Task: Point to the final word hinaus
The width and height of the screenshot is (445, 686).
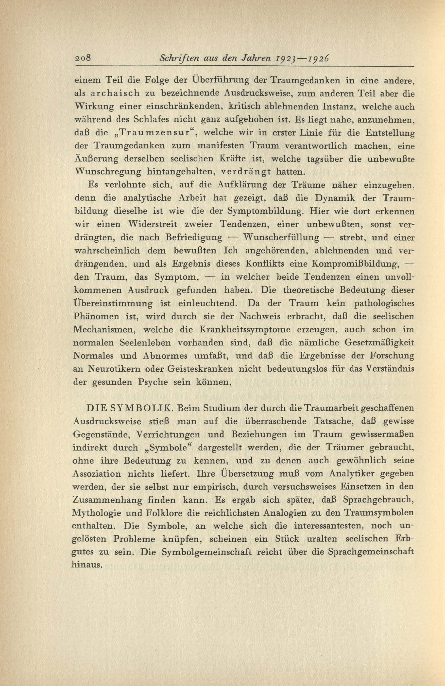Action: click(x=87, y=565)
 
